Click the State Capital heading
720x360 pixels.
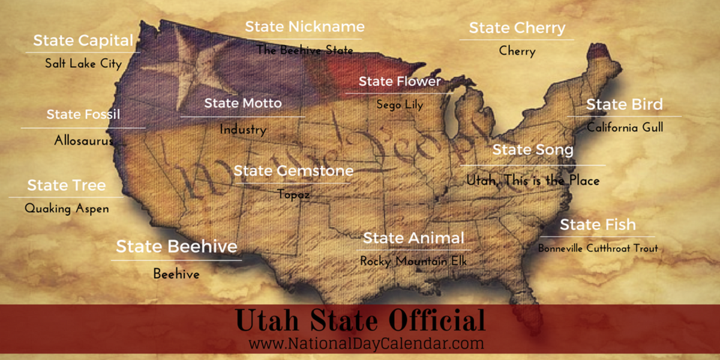click(83, 41)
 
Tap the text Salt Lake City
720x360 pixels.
click(83, 63)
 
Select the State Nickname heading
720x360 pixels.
click(304, 27)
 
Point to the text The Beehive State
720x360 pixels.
click(304, 50)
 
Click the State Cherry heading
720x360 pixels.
click(517, 28)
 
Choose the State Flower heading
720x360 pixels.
click(400, 82)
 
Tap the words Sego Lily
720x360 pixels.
click(400, 105)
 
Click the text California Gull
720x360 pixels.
click(625, 127)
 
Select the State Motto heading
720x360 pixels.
click(242, 103)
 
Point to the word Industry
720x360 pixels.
click(242, 129)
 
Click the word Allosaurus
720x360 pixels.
click(83, 140)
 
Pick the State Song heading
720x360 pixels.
click(532, 150)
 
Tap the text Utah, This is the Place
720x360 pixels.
click(532, 180)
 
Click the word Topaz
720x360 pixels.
click(293, 194)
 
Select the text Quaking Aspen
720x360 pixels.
click(67, 208)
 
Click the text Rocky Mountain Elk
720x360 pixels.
click(413, 261)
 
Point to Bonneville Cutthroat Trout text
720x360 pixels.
click(598, 248)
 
